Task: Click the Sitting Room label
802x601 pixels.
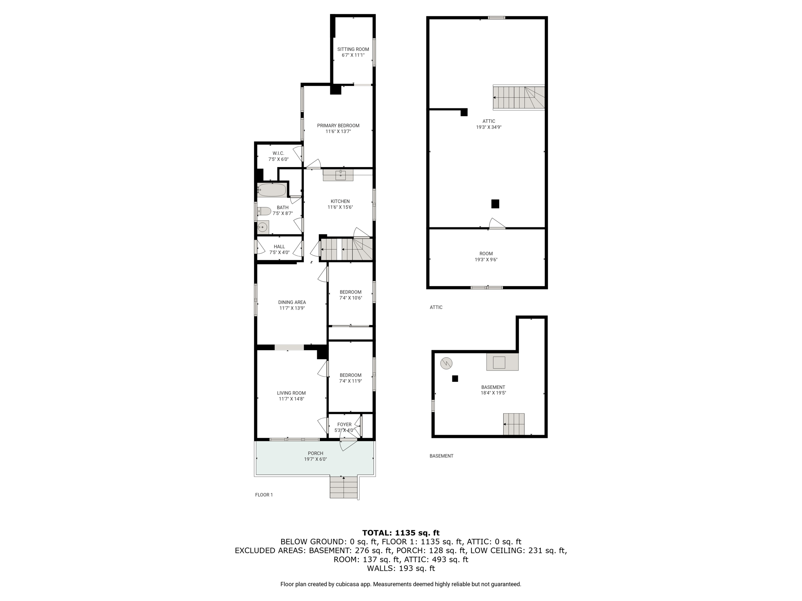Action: [x=353, y=49]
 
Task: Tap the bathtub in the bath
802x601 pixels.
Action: [x=272, y=190]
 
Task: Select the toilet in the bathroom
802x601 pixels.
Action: [x=264, y=211]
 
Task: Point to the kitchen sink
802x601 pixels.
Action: [x=340, y=175]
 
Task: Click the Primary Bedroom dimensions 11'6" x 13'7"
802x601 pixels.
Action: [x=338, y=131]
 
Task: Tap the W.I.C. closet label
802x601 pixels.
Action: [x=278, y=153]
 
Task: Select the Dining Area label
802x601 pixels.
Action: [x=292, y=302]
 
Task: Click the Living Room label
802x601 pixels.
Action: [x=291, y=393]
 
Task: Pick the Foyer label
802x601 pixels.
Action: [x=345, y=425]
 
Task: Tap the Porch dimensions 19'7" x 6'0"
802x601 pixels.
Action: [x=316, y=459]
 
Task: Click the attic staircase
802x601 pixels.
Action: [x=519, y=97]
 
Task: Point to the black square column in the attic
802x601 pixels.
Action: [x=495, y=204]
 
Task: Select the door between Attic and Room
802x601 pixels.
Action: [x=497, y=224]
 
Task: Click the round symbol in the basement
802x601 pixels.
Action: [x=446, y=363]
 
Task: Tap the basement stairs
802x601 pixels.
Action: [x=514, y=424]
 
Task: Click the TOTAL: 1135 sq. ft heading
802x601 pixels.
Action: [x=401, y=533]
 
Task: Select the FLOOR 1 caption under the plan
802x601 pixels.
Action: [x=264, y=495]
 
